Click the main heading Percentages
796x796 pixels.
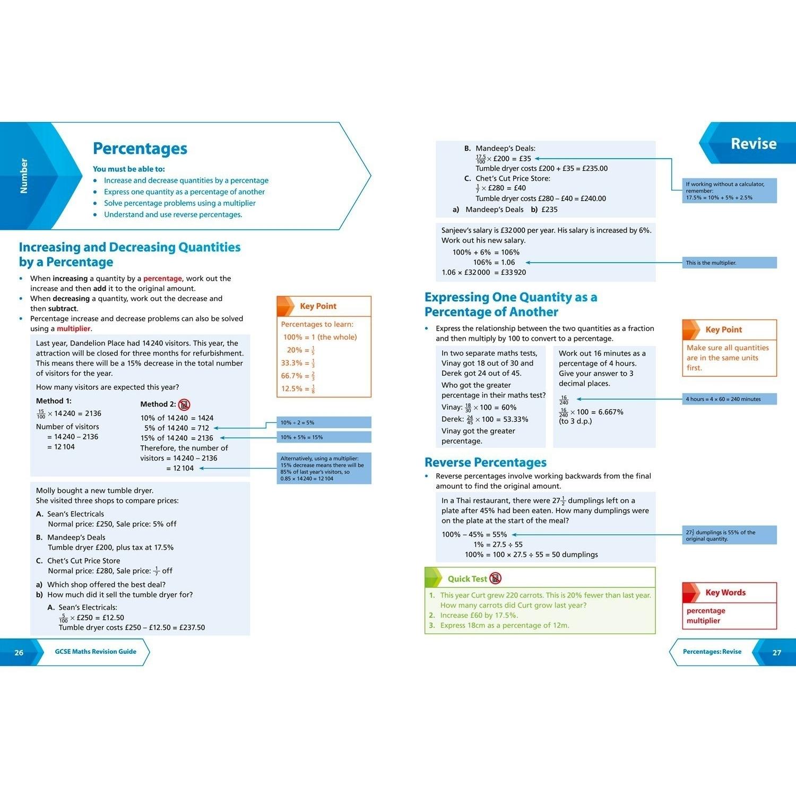(140, 149)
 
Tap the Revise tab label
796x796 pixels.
(753, 144)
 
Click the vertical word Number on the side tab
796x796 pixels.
(23, 176)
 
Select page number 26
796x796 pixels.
(19, 652)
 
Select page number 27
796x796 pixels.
(776, 652)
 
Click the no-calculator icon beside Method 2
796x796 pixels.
(184, 404)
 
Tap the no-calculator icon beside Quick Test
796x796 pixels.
(495, 578)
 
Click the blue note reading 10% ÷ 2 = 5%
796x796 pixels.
(298, 423)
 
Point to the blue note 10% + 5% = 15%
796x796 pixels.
(301, 437)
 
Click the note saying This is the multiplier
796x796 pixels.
(711, 263)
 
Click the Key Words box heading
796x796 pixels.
(725, 593)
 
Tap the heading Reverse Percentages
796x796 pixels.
(485, 462)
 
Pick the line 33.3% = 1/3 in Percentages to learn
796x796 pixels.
(298, 363)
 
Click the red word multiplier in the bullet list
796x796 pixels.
(74, 328)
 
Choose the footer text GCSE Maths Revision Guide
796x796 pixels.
(96, 652)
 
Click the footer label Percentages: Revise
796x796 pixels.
(712, 652)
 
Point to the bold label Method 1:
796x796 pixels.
(54, 401)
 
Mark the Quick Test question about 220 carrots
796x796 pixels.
(545, 600)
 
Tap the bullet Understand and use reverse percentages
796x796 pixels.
(173, 214)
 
